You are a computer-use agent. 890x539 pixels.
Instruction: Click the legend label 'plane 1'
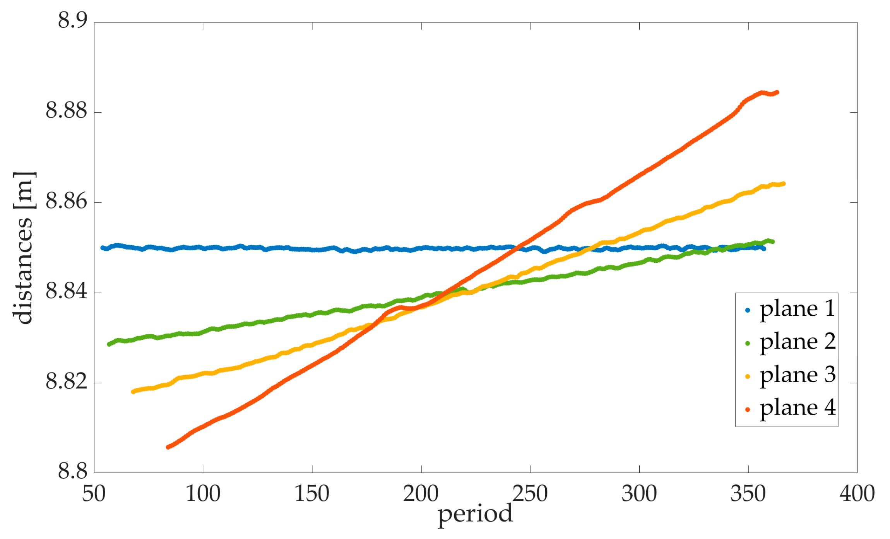(x=797, y=310)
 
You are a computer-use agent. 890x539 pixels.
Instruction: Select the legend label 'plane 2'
(x=797, y=342)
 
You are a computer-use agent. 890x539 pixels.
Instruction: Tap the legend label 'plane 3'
(x=797, y=376)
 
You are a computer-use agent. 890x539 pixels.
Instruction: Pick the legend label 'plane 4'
(x=797, y=409)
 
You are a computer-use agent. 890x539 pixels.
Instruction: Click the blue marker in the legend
(x=748, y=310)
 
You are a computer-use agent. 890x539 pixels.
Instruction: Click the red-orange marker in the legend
(x=748, y=409)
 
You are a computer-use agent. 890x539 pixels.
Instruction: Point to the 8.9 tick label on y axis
(x=73, y=20)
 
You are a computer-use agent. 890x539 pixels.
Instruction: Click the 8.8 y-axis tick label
(x=73, y=472)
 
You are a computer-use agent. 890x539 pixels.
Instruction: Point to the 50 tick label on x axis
(x=94, y=494)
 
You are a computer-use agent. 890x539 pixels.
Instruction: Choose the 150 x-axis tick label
(x=312, y=494)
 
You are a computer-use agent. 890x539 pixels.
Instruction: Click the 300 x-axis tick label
(x=639, y=494)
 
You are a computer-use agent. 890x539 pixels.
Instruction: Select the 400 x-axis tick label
(x=857, y=494)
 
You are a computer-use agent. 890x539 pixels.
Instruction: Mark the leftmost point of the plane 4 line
(x=168, y=447)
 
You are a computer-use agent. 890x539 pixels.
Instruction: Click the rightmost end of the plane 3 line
(x=784, y=184)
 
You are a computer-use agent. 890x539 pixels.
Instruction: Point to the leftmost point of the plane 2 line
(x=109, y=344)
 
